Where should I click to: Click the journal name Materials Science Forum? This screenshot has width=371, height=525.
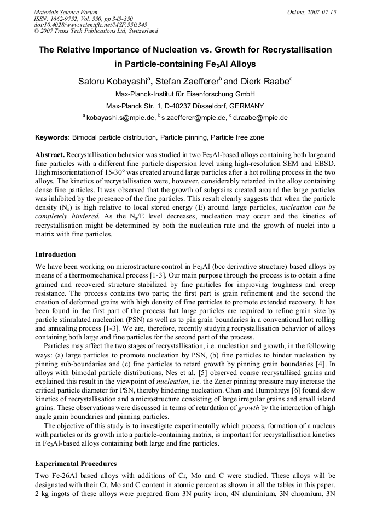[x=66, y=11]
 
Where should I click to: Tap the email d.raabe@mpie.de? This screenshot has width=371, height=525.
[x=260, y=117]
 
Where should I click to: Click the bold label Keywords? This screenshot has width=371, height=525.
[x=53, y=137]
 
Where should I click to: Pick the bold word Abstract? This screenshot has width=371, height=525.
[x=50, y=155]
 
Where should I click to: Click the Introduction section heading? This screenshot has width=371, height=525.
[x=55, y=255]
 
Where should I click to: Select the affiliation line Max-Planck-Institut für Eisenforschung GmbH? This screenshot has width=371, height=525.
[x=185, y=94]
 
